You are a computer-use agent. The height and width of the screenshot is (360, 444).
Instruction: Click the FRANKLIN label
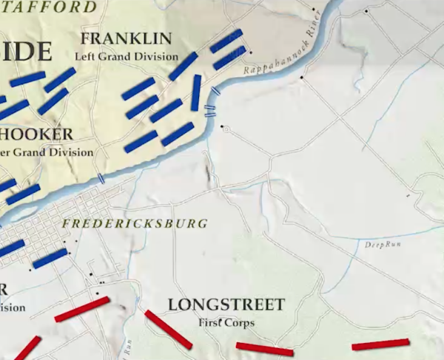126,38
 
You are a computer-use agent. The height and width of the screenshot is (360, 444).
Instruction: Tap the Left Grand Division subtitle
127,56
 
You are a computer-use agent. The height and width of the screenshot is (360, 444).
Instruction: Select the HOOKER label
37,135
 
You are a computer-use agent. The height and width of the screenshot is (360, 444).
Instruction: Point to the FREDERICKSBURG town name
135,223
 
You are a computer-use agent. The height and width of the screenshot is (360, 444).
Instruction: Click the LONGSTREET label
226,305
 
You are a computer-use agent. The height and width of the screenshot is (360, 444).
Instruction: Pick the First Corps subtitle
226,323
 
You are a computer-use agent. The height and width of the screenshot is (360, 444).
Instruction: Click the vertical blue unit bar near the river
196,92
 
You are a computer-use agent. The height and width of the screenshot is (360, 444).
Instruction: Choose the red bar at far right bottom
380,344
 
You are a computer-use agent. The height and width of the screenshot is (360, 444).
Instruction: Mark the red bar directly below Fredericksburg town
82,309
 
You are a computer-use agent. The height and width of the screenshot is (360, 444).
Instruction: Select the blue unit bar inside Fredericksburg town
50,258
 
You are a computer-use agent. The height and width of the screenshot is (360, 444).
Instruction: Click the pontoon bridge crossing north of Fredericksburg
101,178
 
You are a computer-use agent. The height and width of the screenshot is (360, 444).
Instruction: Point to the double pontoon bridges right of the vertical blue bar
210,111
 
